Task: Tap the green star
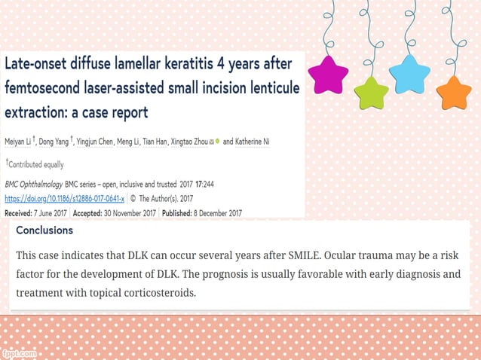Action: click(371, 93)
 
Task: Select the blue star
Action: click(409, 74)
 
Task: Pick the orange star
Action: click(454, 92)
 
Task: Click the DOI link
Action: click(65, 199)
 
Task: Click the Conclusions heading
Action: click(44, 230)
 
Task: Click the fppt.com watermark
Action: click(18, 353)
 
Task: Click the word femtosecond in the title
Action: click(44, 88)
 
